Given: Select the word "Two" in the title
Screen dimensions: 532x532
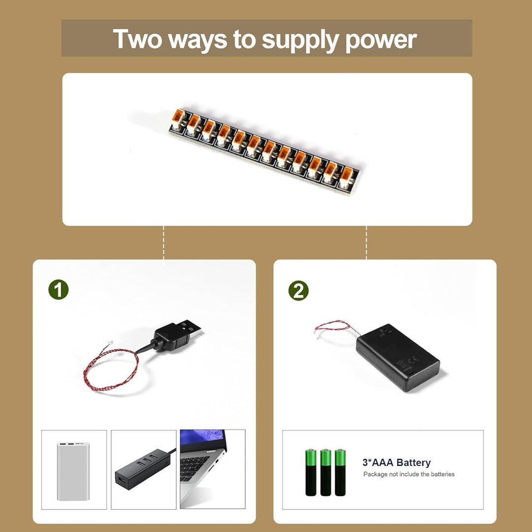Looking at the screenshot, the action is (x=137, y=38).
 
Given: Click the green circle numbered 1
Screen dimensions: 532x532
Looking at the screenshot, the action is (x=58, y=290).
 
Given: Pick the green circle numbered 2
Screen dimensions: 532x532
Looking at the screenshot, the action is (x=298, y=291).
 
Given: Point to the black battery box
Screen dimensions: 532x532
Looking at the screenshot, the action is (x=398, y=358).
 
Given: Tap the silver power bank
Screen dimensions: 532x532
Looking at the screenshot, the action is (x=73, y=471).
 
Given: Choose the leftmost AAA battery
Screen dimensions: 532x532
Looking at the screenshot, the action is (x=310, y=472).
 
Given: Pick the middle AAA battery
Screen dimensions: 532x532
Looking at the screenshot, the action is (x=326, y=472).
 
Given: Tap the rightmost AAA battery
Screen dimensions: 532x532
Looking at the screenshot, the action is (x=340, y=472).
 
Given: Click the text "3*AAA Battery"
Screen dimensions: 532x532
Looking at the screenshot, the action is (x=396, y=463).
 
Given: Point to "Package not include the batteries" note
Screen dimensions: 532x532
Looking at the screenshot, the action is (x=409, y=474).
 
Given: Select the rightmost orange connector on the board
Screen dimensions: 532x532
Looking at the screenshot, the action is (x=346, y=177).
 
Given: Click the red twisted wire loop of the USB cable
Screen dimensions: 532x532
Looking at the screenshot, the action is (x=111, y=370).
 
